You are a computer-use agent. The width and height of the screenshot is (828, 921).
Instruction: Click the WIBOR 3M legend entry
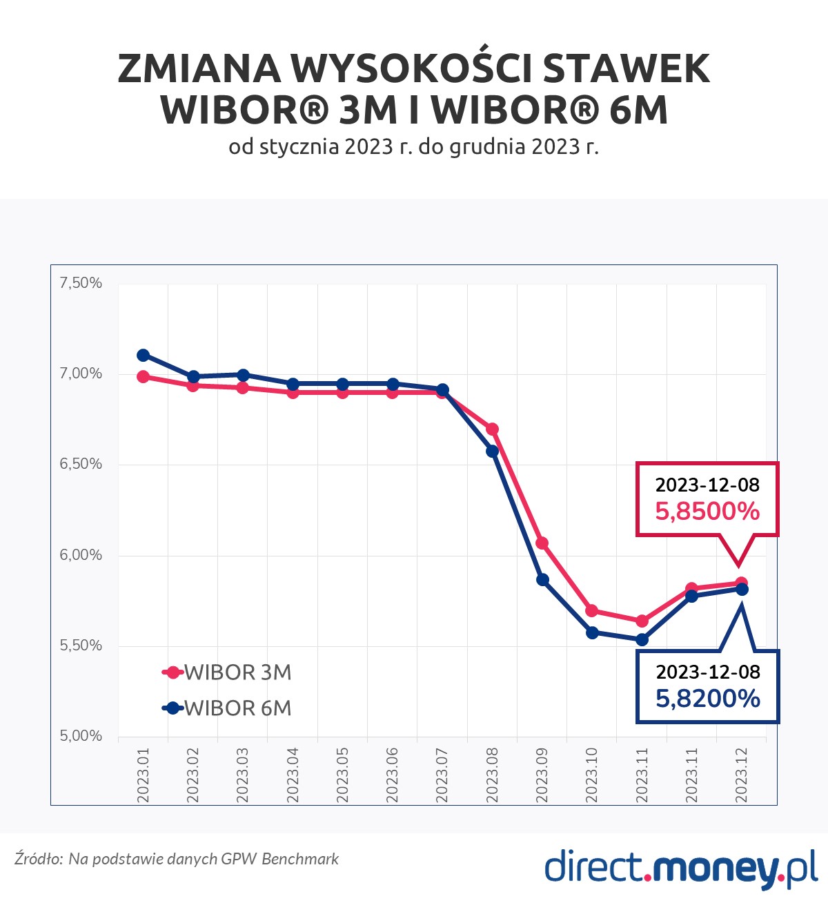pyautogui.click(x=228, y=672)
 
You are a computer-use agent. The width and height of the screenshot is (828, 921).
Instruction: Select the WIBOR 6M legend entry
pyautogui.click(x=228, y=708)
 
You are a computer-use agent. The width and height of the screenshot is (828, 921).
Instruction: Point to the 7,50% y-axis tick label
pyautogui.click(x=81, y=282)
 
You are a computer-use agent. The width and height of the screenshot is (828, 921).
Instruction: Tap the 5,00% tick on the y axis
pyautogui.click(x=81, y=736)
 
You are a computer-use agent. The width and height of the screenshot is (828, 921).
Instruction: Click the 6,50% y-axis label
pyautogui.click(x=81, y=464)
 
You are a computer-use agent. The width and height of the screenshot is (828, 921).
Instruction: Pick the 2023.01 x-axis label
pyautogui.click(x=144, y=775)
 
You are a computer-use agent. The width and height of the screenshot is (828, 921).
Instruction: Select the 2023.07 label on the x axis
pyautogui.click(x=442, y=775)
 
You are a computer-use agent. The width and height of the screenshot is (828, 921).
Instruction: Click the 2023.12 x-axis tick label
pyautogui.click(x=742, y=775)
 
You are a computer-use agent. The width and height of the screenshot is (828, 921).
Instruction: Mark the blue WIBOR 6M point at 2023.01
pyautogui.click(x=144, y=355)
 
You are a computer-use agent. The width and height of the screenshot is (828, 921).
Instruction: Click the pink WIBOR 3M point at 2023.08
pyautogui.click(x=493, y=429)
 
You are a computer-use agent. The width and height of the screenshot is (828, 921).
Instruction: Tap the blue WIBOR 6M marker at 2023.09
pyautogui.click(x=542, y=579)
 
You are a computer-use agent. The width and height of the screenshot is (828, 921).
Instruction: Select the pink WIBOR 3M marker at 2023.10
pyautogui.click(x=592, y=611)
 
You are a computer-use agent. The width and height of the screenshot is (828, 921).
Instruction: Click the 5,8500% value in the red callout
pyautogui.click(x=707, y=511)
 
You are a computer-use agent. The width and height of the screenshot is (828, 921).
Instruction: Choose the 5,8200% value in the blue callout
pyautogui.click(x=708, y=698)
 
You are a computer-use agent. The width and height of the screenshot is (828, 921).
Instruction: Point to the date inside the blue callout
pyautogui.click(x=708, y=672)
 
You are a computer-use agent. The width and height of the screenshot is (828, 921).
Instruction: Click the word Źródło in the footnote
pyautogui.click(x=39, y=858)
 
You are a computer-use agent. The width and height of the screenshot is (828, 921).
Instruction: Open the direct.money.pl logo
pyautogui.click(x=681, y=868)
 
